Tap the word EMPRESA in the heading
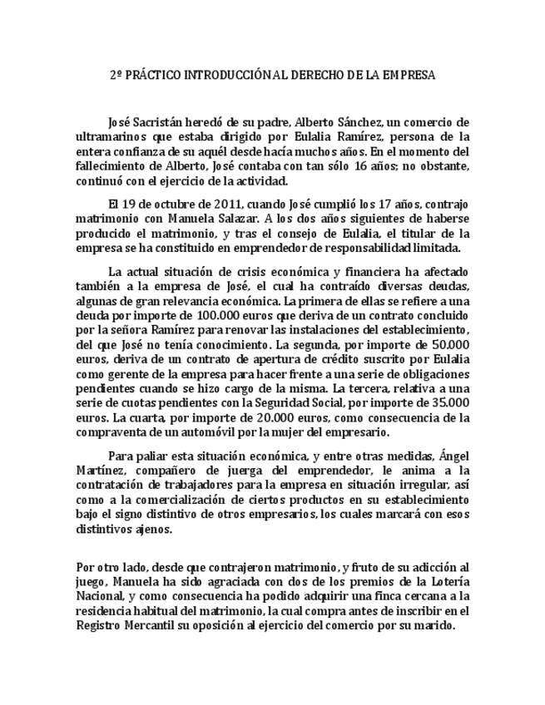(408, 75)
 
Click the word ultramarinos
(107, 136)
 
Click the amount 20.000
(245, 418)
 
